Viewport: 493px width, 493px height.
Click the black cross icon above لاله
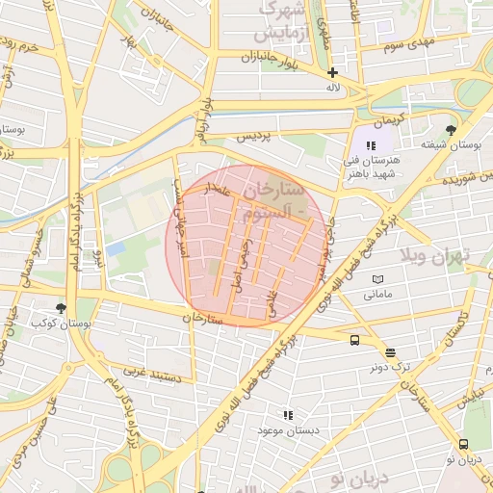click(333, 72)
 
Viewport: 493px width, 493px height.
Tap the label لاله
click(333, 88)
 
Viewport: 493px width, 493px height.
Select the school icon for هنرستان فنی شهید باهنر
click(371, 145)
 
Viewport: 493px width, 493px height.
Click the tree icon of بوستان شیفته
click(451, 130)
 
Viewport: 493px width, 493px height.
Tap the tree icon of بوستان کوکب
click(62, 308)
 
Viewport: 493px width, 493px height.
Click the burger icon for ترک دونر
click(389, 352)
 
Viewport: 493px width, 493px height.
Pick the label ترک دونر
click(389, 368)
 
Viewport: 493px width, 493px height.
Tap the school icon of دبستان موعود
click(287, 415)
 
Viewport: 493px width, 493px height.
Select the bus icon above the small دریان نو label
click(464, 444)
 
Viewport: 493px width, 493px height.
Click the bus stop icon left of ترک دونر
click(355, 340)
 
